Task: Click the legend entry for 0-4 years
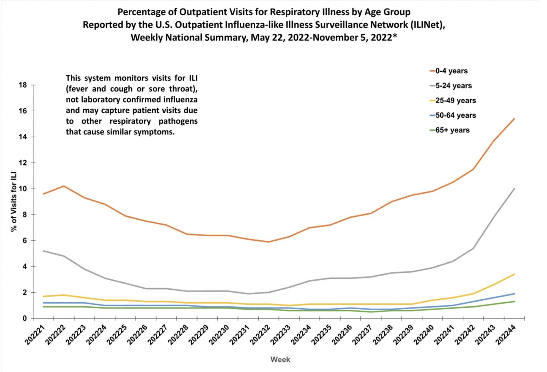451,71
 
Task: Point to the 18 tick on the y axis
23,85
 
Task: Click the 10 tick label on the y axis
23,189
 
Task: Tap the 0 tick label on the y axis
25,318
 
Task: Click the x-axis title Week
280,359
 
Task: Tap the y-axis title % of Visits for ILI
14,201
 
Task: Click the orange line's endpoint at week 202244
514,118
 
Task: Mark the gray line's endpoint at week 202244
514,188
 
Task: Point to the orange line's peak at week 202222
63,186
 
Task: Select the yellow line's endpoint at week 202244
514,274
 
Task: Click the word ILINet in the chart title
426,25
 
